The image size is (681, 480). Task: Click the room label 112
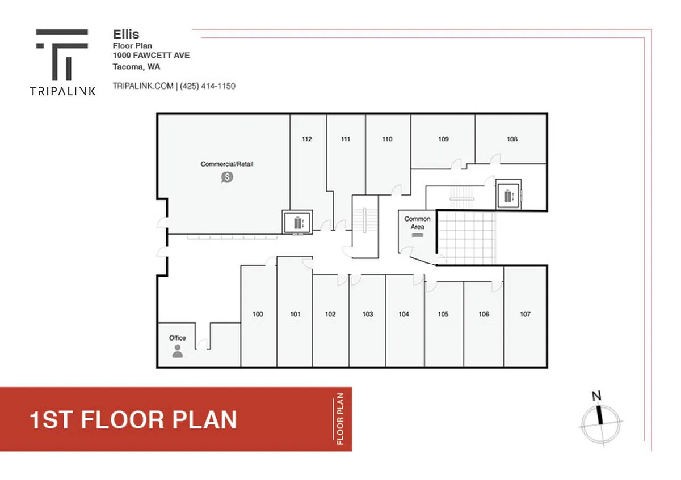(x=307, y=139)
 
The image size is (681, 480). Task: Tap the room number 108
(x=512, y=139)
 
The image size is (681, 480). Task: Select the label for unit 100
(x=258, y=314)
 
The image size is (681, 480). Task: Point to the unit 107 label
(x=525, y=314)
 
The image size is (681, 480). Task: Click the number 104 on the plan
(x=403, y=314)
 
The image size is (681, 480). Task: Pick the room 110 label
(x=387, y=139)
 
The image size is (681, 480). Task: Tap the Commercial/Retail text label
(x=227, y=164)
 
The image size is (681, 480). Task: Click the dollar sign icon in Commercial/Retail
(x=227, y=177)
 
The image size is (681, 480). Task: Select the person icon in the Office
(x=178, y=351)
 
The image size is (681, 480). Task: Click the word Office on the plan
(x=178, y=338)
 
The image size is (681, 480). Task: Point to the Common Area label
(x=417, y=223)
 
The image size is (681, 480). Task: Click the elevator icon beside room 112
(x=297, y=223)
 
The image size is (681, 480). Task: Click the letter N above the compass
(x=596, y=396)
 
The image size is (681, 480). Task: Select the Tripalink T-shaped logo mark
(x=62, y=54)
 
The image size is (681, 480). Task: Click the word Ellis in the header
(x=126, y=35)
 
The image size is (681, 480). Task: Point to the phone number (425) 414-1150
(x=208, y=86)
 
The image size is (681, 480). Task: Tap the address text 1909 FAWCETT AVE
(x=151, y=56)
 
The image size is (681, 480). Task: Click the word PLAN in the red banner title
(x=205, y=420)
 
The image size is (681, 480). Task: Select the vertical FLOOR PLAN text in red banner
(x=340, y=419)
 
